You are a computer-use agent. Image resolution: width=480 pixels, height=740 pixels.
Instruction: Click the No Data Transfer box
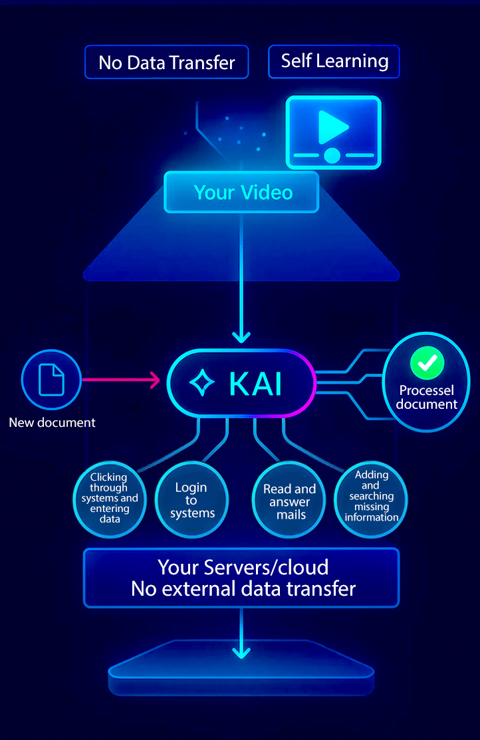point(166,62)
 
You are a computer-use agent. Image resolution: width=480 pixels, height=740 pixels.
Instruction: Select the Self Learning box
point(334,61)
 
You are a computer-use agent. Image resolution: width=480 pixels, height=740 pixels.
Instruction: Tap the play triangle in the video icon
point(332,126)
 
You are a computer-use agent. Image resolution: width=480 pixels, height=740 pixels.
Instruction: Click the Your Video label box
point(242,193)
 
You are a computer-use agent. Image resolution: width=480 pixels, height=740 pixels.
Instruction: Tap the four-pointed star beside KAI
point(202,384)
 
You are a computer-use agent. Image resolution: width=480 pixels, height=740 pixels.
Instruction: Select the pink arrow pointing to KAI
point(120,381)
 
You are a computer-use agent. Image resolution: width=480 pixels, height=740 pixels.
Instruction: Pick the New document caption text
point(52,422)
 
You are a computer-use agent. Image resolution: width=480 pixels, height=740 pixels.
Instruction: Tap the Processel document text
point(427,397)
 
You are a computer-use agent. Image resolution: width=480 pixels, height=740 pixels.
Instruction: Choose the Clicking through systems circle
point(110,498)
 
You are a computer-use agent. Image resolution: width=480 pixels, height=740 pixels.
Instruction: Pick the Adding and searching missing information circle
point(371,496)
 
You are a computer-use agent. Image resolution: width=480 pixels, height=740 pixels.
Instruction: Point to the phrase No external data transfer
point(243,588)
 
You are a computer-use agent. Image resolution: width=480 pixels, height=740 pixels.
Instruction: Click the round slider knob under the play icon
point(332,156)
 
